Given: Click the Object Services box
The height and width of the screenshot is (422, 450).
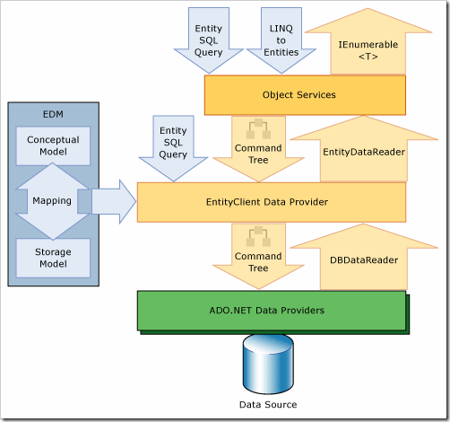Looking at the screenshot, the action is (305, 95).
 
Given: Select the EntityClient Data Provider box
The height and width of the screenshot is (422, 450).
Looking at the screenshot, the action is (272, 202).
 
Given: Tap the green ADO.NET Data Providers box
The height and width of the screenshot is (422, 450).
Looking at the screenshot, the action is (272, 311).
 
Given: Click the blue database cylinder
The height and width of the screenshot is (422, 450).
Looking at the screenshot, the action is (268, 364).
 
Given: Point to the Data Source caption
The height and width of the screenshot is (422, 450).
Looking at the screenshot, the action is (268, 405).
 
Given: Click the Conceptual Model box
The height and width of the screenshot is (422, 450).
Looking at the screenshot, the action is (53, 145).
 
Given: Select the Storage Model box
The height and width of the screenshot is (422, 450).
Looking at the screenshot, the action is (53, 258).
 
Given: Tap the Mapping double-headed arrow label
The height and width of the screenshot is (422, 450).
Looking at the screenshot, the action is (52, 201).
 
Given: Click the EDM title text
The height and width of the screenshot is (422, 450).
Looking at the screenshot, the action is (53, 114).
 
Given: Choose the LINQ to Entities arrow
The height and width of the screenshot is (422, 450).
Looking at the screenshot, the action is (281, 40).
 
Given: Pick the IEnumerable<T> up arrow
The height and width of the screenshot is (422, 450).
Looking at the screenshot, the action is (368, 42).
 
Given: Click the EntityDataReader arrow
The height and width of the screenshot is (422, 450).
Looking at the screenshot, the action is (364, 149).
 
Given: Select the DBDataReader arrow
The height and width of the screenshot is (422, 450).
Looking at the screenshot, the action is (364, 258).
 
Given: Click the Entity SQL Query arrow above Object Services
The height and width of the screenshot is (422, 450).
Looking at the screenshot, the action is (209, 40).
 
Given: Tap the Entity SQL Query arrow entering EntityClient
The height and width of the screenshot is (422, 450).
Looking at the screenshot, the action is (173, 148).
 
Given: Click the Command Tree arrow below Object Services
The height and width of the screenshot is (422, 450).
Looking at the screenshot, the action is (258, 149).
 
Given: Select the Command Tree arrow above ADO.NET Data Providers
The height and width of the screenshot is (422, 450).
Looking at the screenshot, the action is (258, 257).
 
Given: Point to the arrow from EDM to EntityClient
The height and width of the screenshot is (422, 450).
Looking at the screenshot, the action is (114, 202).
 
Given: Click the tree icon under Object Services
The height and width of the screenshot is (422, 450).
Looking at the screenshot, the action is (258, 128).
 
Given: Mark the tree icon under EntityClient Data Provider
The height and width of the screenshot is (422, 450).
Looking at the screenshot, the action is (258, 236).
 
